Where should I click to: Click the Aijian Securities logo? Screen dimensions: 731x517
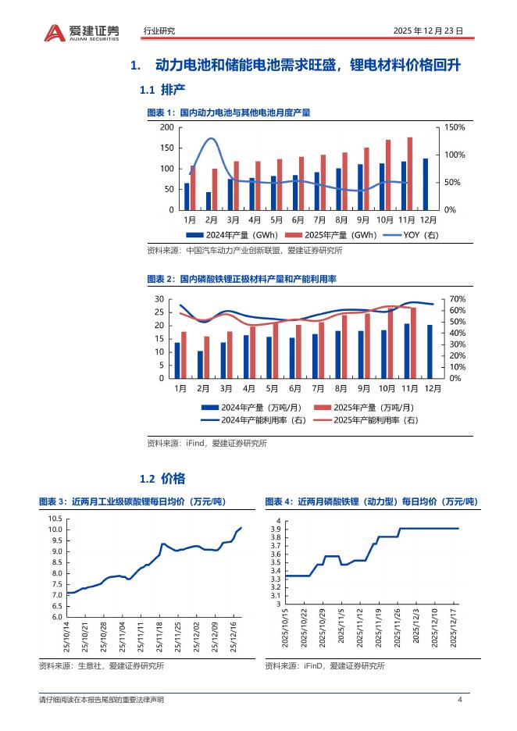point(81,31)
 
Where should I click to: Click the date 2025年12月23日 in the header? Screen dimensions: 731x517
point(429,31)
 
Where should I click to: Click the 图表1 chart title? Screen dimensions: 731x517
point(229,113)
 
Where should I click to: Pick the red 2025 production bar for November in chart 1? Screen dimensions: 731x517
point(410,173)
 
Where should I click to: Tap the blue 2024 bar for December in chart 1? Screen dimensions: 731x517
point(426,184)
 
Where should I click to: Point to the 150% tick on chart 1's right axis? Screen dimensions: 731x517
point(455,127)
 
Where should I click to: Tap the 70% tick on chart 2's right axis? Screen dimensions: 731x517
point(458,299)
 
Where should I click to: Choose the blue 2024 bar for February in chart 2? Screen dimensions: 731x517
point(200,364)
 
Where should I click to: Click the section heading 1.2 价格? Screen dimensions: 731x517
point(162,478)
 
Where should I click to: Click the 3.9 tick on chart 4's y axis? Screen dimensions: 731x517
point(276,530)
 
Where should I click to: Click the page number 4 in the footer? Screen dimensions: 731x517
point(460,699)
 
